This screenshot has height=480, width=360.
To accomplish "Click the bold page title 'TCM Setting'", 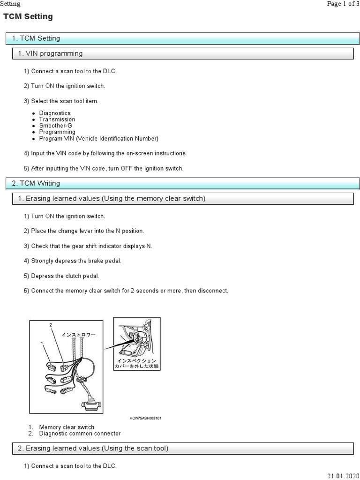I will (x=28, y=17).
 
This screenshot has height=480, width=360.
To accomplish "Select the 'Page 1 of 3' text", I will (x=343, y=4).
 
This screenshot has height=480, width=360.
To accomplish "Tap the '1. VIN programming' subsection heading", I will (x=50, y=54).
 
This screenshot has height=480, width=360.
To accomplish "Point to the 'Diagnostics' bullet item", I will (x=55, y=113).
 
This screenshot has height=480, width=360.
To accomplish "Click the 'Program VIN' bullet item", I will (x=98, y=138).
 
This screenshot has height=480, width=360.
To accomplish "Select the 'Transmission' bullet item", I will (x=57, y=120).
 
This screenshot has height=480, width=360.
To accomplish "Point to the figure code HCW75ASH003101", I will (x=146, y=418).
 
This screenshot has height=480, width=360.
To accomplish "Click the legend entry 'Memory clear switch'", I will (x=66, y=427).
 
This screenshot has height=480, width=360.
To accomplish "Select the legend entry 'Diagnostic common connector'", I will (x=80, y=434).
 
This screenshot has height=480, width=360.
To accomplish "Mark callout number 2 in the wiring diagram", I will (x=51, y=325).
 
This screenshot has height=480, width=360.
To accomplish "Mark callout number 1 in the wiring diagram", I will (x=42, y=343).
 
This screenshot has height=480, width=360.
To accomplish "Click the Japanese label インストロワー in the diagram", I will (x=78, y=335).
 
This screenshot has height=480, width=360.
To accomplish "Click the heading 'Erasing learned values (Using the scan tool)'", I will (x=93, y=449).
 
